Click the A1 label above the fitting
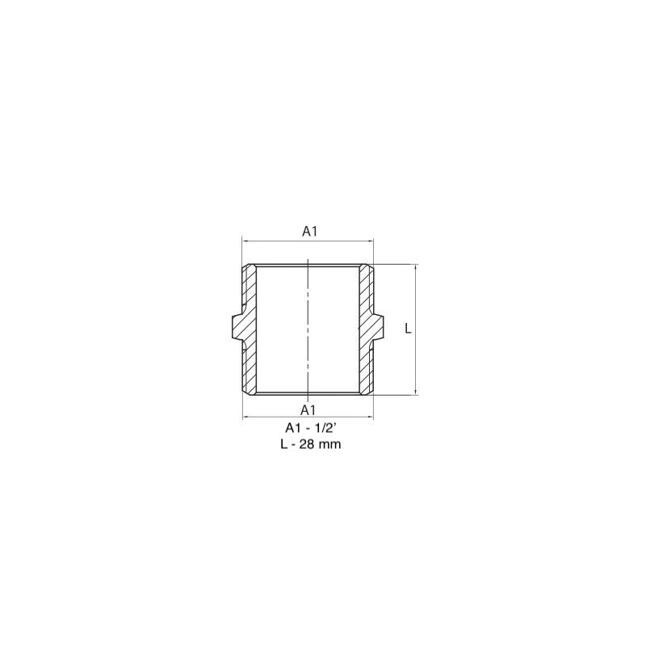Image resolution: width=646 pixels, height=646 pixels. click(309, 232)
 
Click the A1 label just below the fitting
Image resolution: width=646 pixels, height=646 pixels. click(308, 410)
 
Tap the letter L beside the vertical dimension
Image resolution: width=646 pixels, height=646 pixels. click(408, 329)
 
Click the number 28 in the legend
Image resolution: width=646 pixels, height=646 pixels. click(306, 444)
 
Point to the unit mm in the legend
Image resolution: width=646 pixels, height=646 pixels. click(329, 445)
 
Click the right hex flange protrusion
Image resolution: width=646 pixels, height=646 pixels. click(378, 329)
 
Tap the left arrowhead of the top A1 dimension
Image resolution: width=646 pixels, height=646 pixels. click(245, 241)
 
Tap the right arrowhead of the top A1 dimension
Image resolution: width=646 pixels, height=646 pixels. click(371, 241)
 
